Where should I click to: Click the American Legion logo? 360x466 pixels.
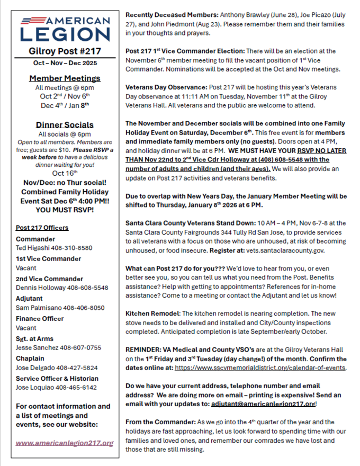pos(65,29)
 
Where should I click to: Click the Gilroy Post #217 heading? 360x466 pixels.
pos(65,51)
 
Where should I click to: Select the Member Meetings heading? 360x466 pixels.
pos(65,78)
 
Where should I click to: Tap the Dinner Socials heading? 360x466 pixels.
pos(65,125)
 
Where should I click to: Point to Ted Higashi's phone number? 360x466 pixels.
pos(74,247)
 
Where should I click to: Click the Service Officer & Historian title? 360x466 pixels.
pos(57,378)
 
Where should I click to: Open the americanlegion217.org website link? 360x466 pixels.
pos(65,443)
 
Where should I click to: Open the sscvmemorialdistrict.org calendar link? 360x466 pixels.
pos(260,368)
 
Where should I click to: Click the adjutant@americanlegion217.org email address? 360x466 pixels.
pos(263,403)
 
